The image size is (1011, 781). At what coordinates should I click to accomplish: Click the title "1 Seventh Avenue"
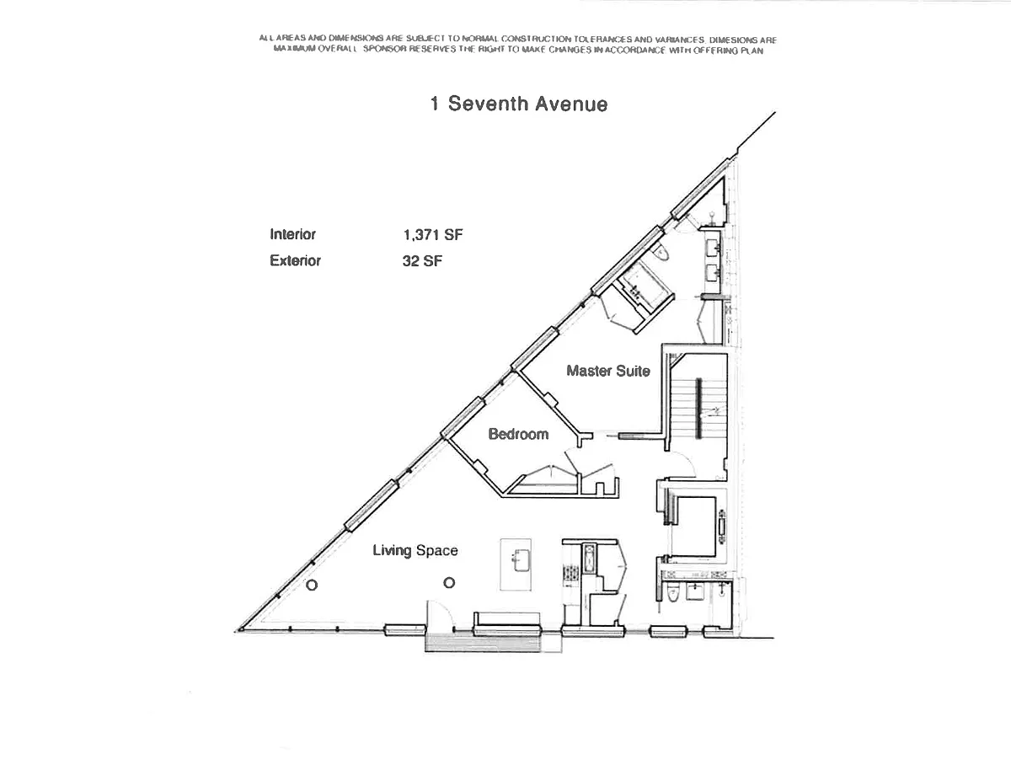(x=518, y=104)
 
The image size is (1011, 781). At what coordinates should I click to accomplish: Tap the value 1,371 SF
(x=432, y=235)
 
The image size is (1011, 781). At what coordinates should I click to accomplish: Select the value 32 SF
(x=422, y=261)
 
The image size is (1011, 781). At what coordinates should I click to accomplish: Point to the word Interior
(x=292, y=235)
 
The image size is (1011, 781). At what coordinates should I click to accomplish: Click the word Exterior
(x=295, y=261)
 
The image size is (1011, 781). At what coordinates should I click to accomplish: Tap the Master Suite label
(x=607, y=371)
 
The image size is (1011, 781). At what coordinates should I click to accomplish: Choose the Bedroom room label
(x=518, y=435)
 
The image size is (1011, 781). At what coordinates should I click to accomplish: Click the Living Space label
(x=415, y=551)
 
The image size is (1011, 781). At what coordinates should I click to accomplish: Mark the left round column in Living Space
(x=312, y=586)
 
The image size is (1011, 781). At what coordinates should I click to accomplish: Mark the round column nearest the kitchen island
(x=449, y=583)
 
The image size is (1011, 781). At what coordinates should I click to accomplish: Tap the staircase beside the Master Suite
(x=698, y=408)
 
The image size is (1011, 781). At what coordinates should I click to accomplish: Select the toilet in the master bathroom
(x=661, y=253)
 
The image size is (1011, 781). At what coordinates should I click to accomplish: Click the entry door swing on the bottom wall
(x=441, y=614)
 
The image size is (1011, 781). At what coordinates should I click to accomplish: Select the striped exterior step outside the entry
(x=482, y=642)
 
